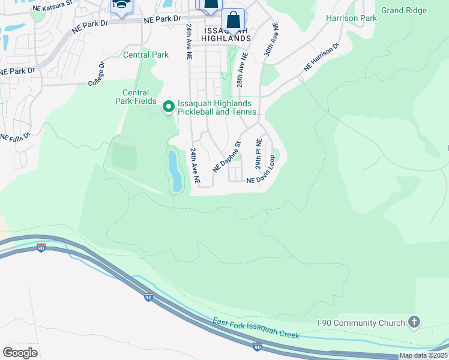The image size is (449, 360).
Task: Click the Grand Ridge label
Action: [x=404, y=10]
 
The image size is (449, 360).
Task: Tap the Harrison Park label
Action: [x=351, y=19]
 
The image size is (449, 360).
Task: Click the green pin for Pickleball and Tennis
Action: [x=169, y=107]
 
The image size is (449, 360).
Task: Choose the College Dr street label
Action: [x=97, y=73]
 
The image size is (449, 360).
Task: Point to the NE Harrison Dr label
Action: [x=321, y=57]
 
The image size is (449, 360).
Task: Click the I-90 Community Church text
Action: [x=360, y=323]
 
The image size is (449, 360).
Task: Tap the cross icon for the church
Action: [x=414, y=322]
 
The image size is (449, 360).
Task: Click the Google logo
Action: [x=20, y=352]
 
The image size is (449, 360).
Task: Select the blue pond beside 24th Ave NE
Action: [x=174, y=171]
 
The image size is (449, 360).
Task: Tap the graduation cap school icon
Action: [x=121, y=6]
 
